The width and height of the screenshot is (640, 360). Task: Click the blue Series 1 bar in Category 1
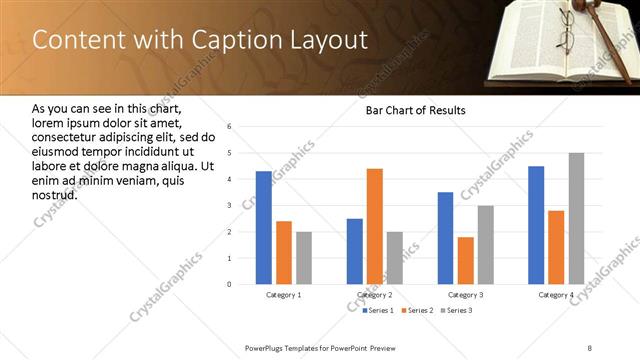tap(263, 228)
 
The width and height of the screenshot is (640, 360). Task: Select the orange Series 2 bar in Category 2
tap(375, 226)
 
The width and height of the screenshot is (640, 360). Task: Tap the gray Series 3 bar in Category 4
tap(576, 218)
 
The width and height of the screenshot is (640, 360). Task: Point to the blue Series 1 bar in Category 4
tap(536, 225)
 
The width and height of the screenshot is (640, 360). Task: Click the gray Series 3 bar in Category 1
tap(304, 258)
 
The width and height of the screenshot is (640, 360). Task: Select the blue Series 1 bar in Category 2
tap(355, 251)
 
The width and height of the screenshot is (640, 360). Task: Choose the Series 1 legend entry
tap(376, 310)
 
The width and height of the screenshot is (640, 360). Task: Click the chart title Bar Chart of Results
tap(415, 110)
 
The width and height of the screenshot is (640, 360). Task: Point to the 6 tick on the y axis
tap(230, 127)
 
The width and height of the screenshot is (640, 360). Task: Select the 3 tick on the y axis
tap(230, 206)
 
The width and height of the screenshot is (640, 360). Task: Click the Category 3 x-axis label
tap(465, 295)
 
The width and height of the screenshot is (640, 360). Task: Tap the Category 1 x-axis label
tap(284, 295)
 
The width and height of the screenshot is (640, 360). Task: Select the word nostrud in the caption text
tap(55, 194)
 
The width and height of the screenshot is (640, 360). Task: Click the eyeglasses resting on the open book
tap(565, 38)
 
